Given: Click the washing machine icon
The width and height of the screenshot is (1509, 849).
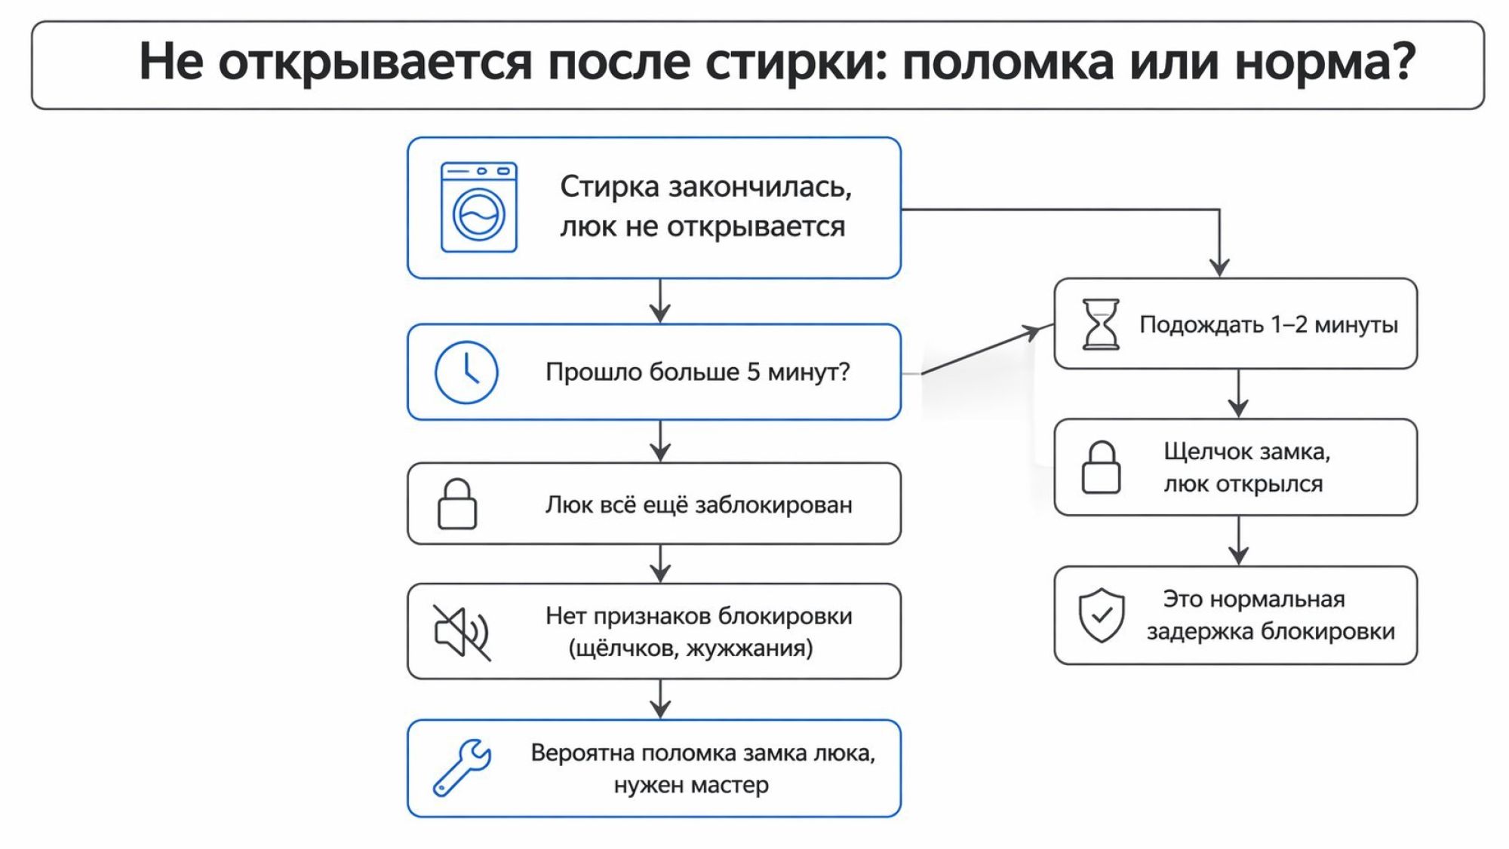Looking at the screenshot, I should [479, 207].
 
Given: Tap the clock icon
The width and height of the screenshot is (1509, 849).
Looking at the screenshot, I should [466, 372].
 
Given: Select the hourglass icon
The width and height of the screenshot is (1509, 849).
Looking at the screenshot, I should [1101, 324].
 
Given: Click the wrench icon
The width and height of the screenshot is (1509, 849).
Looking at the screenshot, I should [462, 768].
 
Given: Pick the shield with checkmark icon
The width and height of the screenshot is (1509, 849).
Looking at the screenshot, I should [1102, 615].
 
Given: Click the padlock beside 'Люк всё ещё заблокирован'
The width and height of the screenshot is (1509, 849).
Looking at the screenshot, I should [457, 504].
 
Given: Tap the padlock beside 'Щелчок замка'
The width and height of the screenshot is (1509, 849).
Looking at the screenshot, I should [1101, 467].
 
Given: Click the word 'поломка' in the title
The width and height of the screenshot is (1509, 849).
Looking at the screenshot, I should [1007, 63].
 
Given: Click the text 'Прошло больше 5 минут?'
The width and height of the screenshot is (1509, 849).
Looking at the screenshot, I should [697, 372].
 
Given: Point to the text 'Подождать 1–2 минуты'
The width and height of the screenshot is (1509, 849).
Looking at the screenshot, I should [1268, 325].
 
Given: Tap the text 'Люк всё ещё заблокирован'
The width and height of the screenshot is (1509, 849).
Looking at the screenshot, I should [699, 504].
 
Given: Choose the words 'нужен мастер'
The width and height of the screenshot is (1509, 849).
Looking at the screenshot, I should [691, 785].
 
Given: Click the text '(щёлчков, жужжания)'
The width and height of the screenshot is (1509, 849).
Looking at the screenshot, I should [690, 648].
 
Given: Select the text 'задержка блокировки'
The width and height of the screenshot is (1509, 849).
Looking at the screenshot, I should [1271, 631].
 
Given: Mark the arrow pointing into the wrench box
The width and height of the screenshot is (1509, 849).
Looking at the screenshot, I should [660, 699].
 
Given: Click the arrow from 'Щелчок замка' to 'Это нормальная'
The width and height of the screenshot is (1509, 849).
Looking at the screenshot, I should [1238, 541].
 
